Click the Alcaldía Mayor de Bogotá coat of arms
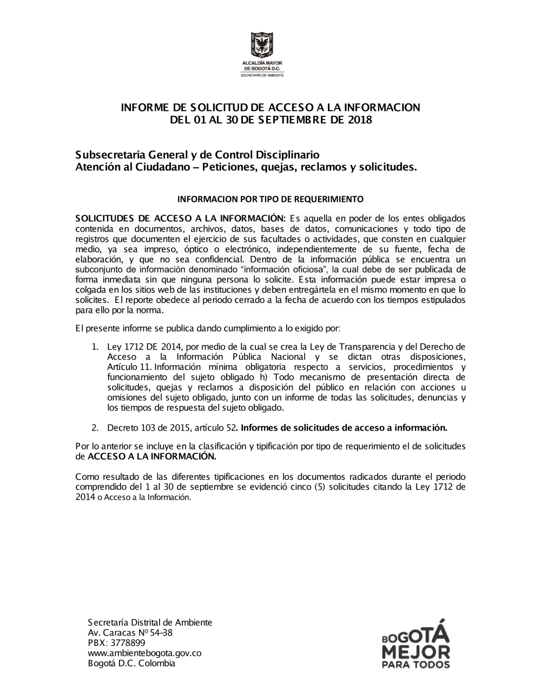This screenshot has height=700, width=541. point(262,45)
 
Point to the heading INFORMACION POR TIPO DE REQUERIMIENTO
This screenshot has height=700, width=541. point(270,199)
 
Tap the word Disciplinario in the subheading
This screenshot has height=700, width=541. point(288,155)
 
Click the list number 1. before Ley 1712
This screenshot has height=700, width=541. point(95,347)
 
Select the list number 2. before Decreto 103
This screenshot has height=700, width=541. point(95,428)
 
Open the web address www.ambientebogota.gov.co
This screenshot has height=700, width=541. point(144,653)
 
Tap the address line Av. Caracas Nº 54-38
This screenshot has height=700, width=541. point(130,632)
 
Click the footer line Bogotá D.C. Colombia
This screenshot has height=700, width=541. point(131,663)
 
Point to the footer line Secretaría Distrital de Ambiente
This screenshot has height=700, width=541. point(150,622)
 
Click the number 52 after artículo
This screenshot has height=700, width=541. point(231,428)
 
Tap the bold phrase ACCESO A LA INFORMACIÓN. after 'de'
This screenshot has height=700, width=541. point(152,457)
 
